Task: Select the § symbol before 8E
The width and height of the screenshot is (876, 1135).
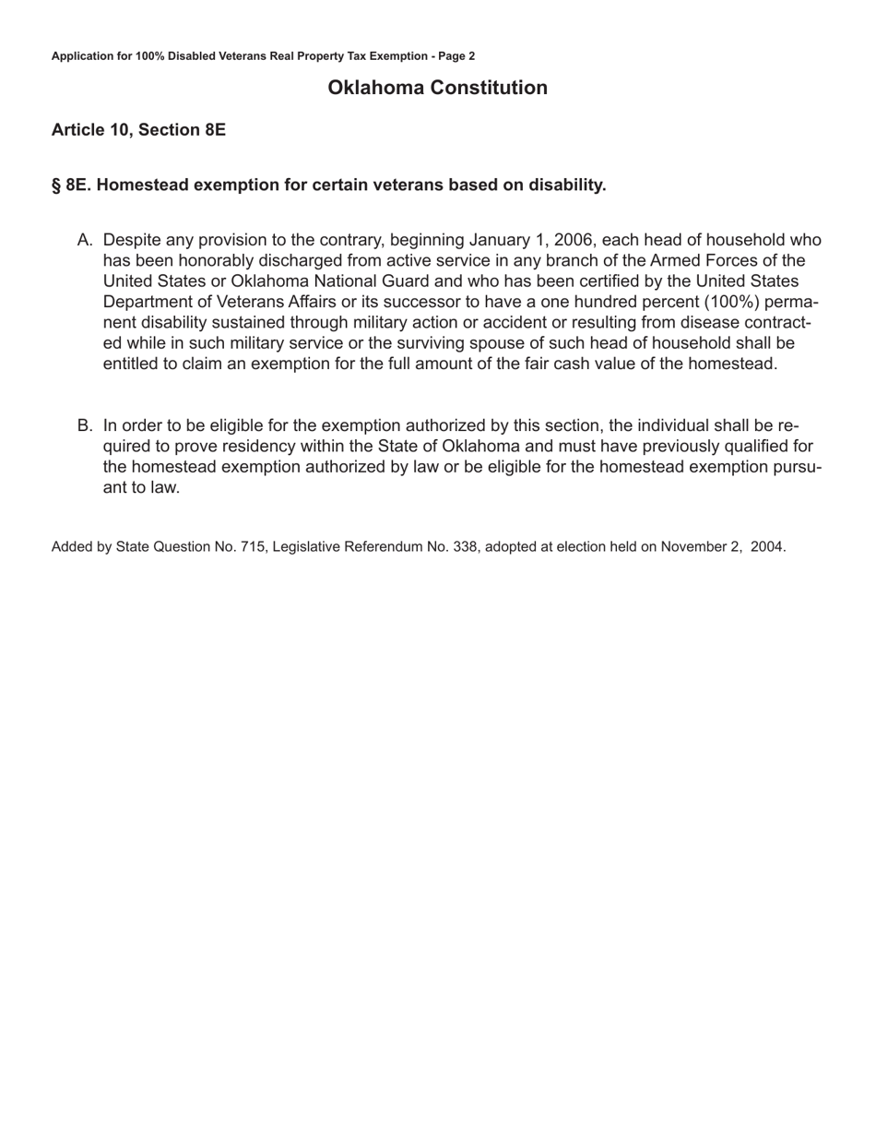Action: tap(56, 185)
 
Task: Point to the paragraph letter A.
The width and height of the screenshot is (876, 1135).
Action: tap(85, 240)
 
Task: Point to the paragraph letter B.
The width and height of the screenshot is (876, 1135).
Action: tap(85, 425)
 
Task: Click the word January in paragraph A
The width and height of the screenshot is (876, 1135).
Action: tap(511, 240)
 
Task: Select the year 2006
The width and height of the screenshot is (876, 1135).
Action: tap(574, 240)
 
